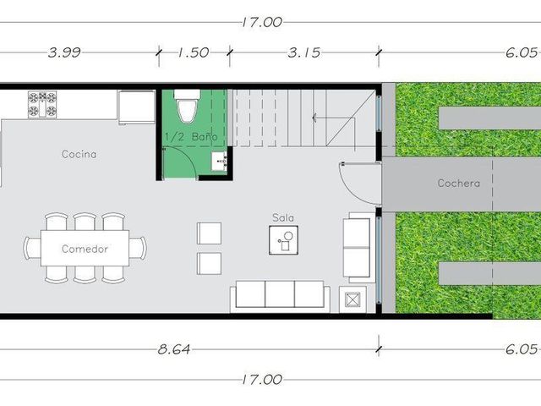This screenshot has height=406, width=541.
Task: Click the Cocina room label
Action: pyautogui.click(x=79, y=154)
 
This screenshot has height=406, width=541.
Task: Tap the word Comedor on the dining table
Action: pyautogui.click(x=85, y=249)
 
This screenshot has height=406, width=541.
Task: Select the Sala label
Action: pyautogui.click(x=283, y=218)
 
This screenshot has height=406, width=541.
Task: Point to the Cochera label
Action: pyautogui.click(x=458, y=183)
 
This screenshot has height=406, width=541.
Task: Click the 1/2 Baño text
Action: pyautogui.click(x=191, y=137)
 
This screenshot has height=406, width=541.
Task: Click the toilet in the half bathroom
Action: pyautogui.click(x=187, y=106)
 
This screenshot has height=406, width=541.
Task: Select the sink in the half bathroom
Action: pyautogui.click(x=220, y=161)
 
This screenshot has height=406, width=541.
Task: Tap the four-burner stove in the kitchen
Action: pyautogui.click(x=42, y=105)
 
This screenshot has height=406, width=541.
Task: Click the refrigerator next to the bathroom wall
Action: pyautogui.click(x=137, y=107)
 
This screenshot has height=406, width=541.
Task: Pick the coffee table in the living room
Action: pyautogui.click(x=284, y=240)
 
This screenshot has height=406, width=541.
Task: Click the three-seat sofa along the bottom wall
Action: pyautogui.click(x=280, y=296)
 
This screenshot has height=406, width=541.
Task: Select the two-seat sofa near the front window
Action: pyautogui.click(x=358, y=248)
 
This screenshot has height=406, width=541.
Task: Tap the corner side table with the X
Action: pyautogui.click(x=352, y=299)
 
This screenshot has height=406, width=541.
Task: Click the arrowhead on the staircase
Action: pyautogui.click(x=314, y=118)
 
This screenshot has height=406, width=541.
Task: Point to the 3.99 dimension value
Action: pyautogui.click(x=64, y=52)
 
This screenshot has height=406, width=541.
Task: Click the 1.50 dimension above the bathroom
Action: pyautogui.click(x=194, y=52)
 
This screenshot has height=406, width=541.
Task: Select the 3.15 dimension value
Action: pyautogui.click(x=304, y=52)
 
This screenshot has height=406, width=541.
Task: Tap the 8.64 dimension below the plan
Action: pyautogui.click(x=174, y=349)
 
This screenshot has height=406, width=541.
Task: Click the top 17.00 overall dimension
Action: pyautogui.click(x=262, y=23)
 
